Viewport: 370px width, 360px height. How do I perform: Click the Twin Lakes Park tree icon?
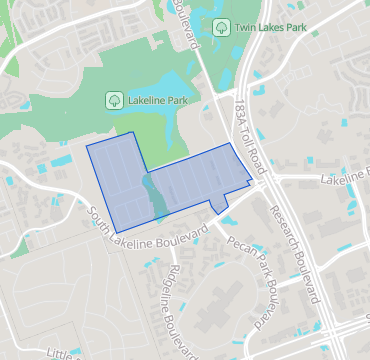point(217,27)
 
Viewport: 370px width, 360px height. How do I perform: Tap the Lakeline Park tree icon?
point(114,99)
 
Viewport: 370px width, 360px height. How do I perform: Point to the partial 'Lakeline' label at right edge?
point(345,181)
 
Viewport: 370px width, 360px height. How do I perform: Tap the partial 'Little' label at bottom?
point(62,352)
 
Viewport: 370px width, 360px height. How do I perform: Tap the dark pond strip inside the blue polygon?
point(155,194)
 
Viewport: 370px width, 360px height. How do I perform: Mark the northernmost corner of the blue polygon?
point(133,132)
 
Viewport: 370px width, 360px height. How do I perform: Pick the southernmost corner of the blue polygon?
point(117,233)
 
